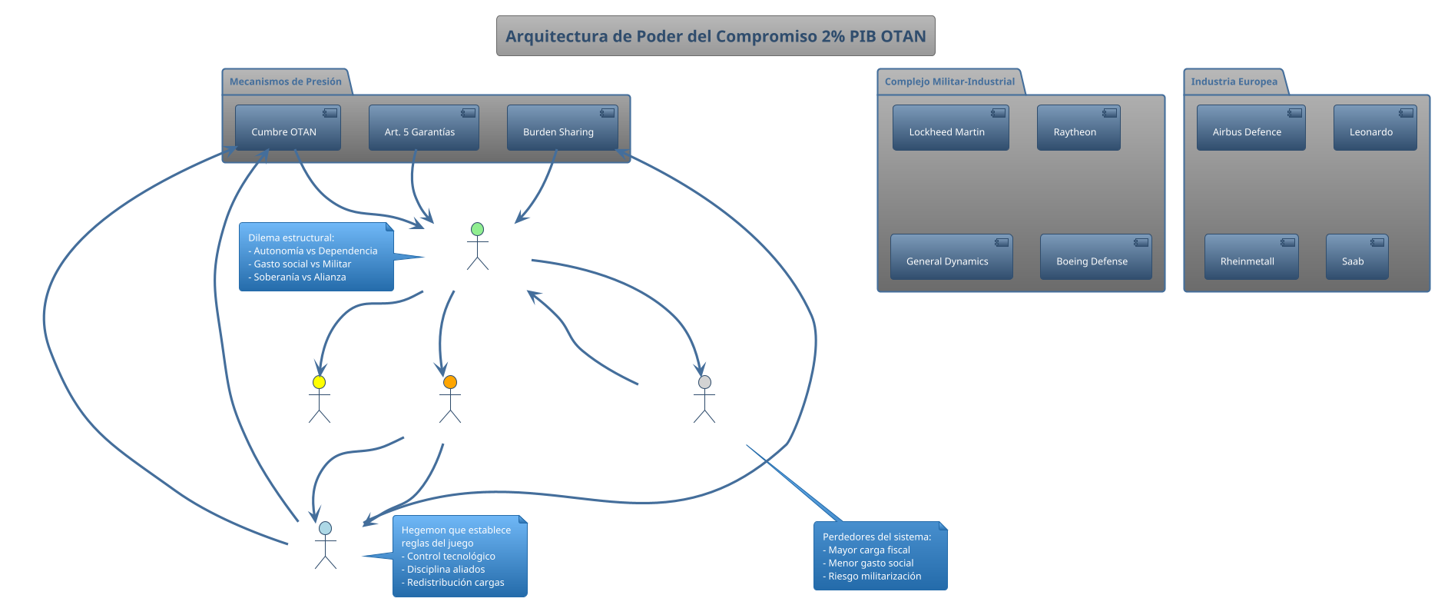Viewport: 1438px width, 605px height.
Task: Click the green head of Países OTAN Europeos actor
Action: [477, 229]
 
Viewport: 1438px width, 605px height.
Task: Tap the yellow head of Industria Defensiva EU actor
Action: [319, 382]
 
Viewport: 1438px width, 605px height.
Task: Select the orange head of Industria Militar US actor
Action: [450, 382]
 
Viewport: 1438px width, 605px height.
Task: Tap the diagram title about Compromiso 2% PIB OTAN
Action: [715, 36]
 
